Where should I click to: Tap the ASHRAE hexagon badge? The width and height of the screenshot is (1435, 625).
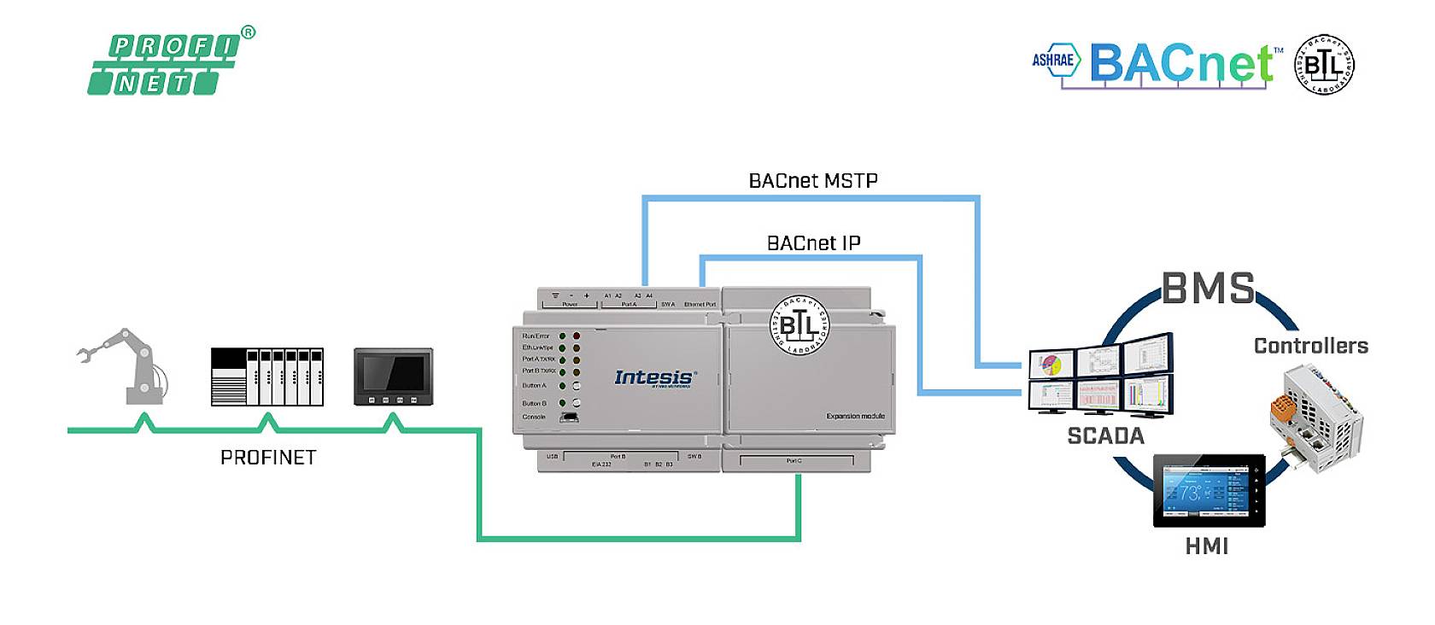[x=1054, y=60]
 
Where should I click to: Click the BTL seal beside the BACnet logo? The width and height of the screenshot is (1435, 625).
[x=1324, y=65]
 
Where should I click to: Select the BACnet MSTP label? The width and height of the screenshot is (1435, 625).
[x=812, y=180]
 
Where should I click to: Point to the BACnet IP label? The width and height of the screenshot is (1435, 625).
[x=813, y=243]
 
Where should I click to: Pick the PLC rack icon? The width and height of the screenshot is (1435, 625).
[x=267, y=377]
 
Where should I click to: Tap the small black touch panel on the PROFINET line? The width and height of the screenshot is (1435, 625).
[x=393, y=377]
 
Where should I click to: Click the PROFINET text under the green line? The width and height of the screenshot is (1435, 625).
[x=268, y=458]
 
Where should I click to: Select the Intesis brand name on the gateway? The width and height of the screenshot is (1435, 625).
[x=654, y=377]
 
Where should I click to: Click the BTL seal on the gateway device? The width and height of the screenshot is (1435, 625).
[x=799, y=325]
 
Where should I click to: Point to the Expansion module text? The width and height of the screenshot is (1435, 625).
[x=855, y=417]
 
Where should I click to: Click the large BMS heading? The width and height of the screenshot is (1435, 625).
[x=1208, y=289]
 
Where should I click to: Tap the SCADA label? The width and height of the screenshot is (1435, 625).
[x=1105, y=436]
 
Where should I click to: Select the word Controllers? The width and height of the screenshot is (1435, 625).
[x=1310, y=346]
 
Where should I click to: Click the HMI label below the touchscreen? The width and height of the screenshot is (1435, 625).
[x=1206, y=546]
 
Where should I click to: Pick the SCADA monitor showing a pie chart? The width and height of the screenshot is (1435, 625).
[x=1051, y=364]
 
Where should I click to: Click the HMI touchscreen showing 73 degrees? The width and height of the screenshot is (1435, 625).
[x=1208, y=494]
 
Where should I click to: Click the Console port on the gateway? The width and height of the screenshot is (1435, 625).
[x=568, y=418]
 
